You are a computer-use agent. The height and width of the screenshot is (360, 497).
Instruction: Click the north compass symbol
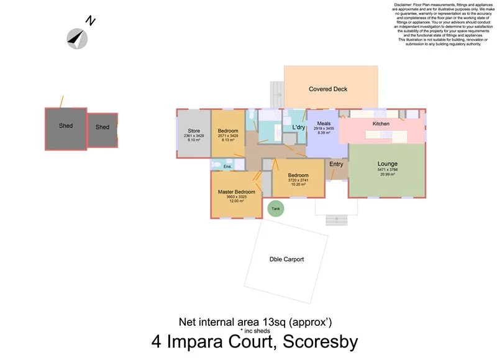click(x=77, y=39)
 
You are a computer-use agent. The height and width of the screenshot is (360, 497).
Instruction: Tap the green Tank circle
click(x=276, y=209)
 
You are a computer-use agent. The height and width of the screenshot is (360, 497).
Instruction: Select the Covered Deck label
click(x=328, y=89)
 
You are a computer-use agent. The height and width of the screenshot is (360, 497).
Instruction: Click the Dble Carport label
click(x=286, y=259)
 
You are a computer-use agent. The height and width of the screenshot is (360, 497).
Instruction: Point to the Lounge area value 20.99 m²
click(x=387, y=174)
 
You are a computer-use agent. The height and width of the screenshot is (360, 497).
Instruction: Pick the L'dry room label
click(x=299, y=127)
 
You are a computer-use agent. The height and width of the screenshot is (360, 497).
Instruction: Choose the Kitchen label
click(x=381, y=124)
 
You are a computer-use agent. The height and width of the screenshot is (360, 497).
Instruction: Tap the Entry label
click(x=336, y=164)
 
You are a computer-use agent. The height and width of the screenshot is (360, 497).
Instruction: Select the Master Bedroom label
click(x=236, y=192)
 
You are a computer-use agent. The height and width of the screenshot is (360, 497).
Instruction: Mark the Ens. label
click(x=227, y=167)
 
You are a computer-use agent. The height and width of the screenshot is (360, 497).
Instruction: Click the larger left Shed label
click(x=66, y=126)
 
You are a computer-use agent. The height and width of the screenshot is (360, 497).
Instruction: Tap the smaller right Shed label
click(x=103, y=127)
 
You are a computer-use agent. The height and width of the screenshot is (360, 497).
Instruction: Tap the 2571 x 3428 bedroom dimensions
click(x=228, y=136)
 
